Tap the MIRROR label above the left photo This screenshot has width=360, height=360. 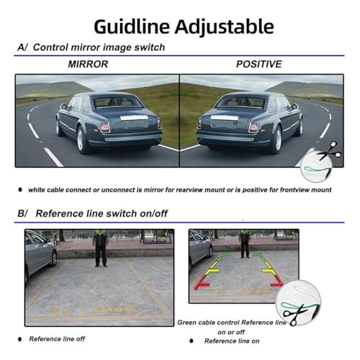(89, 65)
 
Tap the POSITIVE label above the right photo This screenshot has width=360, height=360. (260, 65)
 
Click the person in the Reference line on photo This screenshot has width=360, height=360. (244, 243)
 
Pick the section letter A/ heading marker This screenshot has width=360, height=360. (23, 48)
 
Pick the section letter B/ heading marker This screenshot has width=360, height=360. (22, 213)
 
